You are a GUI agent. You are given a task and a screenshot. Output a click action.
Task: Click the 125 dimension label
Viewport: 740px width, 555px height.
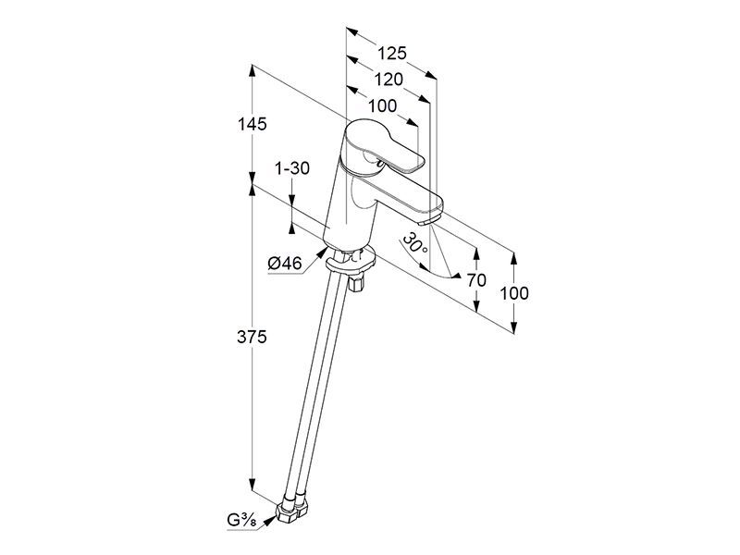click(x=391, y=54)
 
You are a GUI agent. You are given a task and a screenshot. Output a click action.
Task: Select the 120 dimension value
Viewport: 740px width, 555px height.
click(x=388, y=80)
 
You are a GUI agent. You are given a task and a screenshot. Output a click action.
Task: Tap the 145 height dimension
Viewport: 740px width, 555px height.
click(x=252, y=124)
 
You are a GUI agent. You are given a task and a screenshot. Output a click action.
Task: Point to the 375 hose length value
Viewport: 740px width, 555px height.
click(x=252, y=337)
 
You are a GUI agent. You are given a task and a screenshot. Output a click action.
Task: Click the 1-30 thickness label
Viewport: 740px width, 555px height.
click(x=292, y=168)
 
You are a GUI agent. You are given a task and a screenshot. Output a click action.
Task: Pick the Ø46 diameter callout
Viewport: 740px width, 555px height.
click(x=285, y=264)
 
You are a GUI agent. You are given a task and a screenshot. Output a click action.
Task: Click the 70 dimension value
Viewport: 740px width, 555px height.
click(x=476, y=280)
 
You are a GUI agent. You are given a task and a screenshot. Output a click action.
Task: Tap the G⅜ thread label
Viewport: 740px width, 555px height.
click(x=241, y=520)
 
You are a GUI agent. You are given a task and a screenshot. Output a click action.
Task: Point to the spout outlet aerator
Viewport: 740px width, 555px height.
click(x=429, y=220)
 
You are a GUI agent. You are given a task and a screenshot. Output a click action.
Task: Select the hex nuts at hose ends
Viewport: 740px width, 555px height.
click(x=290, y=512)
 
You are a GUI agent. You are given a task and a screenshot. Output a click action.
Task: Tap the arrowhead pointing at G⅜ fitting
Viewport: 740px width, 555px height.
click(x=269, y=521)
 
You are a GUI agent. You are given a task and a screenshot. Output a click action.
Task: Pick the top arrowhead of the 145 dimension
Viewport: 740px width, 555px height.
click(x=252, y=71)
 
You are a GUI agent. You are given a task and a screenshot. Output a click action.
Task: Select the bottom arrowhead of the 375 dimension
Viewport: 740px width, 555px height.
click(x=252, y=485)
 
